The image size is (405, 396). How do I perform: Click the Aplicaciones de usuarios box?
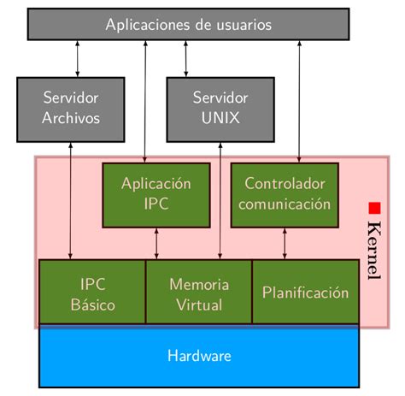tap(189, 24)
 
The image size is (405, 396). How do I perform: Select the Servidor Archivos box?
tap(71, 109)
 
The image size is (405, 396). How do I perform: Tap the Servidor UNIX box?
tap(220, 109)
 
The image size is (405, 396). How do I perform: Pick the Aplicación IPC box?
tap(156, 194)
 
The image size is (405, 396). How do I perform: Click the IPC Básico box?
tap(92, 293)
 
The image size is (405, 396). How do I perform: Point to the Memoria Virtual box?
tap(198, 293)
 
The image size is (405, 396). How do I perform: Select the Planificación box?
tap(305, 293)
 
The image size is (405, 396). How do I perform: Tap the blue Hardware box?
tap(199, 356)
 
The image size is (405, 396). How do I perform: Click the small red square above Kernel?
tap(373, 208)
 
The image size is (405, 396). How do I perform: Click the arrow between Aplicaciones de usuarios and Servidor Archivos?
tap(77, 58)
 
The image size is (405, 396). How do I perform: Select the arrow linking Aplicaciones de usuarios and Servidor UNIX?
tap(185, 58)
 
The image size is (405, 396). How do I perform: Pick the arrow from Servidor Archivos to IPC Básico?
tap(71, 201)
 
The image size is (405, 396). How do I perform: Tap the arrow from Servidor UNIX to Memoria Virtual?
tap(220, 201)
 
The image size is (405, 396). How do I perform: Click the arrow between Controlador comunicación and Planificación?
tap(285, 244)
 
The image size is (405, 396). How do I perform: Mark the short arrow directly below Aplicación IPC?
tap(156, 244)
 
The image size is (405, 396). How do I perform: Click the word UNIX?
tap(220, 118)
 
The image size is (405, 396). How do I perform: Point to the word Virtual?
tap(199, 304)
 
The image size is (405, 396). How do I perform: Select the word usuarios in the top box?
tap(242, 25)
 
